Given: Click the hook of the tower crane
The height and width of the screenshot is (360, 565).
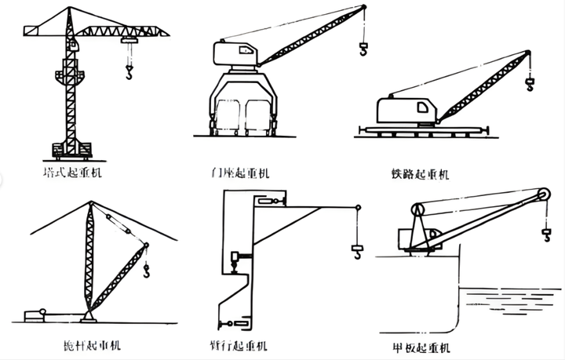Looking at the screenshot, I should pyautogui.click(x=129, y=75).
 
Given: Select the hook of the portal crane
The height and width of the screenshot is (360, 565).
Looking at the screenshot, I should pyautogui.click(x=363, y=51).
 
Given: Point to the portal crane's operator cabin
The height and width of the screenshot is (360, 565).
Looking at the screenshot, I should pyautogui.click(x=235, y=53).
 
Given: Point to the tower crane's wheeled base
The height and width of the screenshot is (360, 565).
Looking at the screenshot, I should pyautogui.click(x=72, y=149).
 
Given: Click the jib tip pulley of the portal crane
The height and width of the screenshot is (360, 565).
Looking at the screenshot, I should pyautogui.click(x=363, y=9).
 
